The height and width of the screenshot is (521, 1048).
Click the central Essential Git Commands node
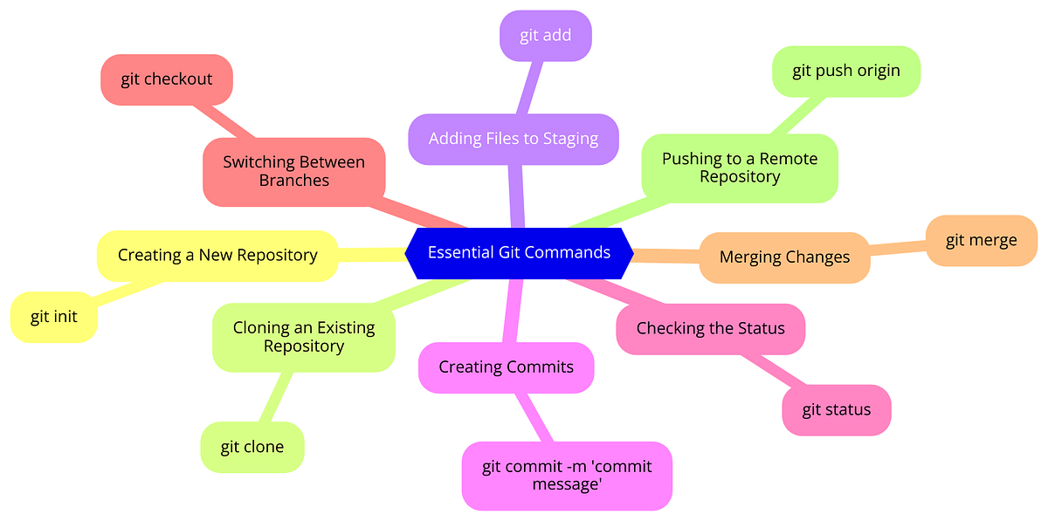click(519, 253)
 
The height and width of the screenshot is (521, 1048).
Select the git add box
click(546, 36)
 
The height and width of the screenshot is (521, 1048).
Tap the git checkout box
click(167, 79)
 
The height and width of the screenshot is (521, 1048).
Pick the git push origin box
click(845, 71)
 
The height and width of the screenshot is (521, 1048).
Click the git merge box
click(981, 240)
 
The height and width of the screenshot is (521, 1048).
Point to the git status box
click(836, 409)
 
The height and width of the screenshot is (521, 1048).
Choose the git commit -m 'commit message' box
click(567, 475)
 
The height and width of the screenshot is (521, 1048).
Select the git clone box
click(252, 447)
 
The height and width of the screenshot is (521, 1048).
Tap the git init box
click(53, 317)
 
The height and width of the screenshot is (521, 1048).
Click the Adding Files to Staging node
click(514, 138)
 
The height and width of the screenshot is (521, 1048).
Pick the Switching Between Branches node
click(293, 172)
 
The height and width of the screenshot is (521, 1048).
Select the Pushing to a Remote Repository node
click(739, 168)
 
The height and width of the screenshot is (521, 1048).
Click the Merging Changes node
click(784, 257)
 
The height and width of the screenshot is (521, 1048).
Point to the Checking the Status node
click(710, 329)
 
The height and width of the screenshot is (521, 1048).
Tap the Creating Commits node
click(506, 367)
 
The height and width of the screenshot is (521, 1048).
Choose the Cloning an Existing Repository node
click(303, 337)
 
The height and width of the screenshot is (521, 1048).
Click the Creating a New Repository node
click(217, 255)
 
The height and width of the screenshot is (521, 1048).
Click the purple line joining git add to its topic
click(528, 87)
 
